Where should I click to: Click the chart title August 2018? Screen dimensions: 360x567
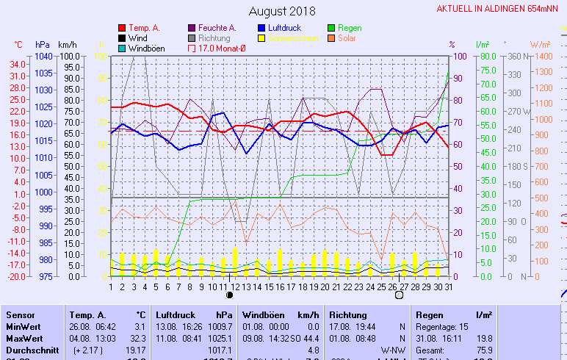(282, 11)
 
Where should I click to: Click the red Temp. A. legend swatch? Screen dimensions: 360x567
(122, 28)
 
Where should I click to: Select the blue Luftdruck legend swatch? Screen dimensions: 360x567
(261, 28)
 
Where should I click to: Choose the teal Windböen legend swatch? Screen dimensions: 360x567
(122, 48)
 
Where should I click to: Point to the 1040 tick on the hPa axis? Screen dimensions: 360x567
(43, 57)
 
